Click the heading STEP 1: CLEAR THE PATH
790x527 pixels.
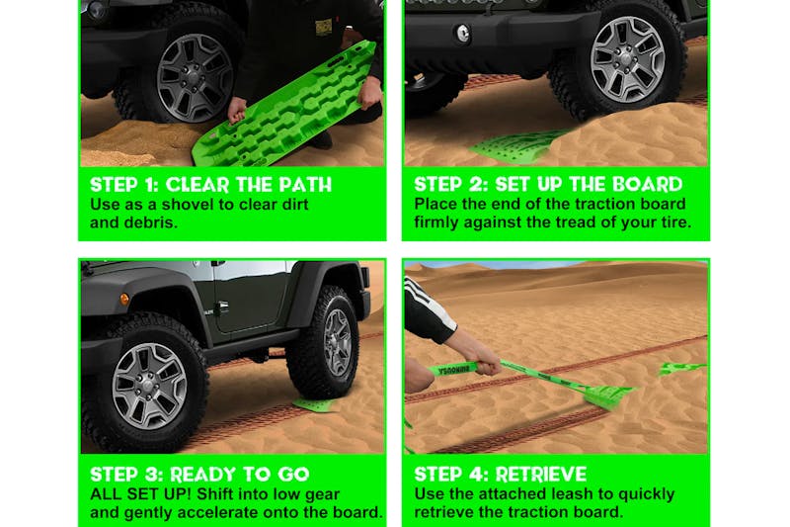click(210, 184)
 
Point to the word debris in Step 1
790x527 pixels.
click(157, 222)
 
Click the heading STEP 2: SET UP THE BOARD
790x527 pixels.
click(548, 184)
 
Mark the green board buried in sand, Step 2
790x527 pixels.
click(518, 146)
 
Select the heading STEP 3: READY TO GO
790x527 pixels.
click(199, 474)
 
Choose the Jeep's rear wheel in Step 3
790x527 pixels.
click(323, 341)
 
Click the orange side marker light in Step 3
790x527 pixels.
click(124, 299)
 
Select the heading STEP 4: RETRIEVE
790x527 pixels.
click(500, 474)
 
